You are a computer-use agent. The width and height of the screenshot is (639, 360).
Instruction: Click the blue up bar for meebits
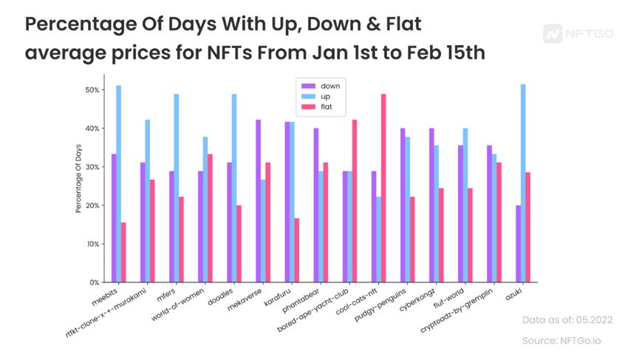tap(119, 184)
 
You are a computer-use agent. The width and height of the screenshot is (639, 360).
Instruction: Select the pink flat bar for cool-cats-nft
tap(383, 188)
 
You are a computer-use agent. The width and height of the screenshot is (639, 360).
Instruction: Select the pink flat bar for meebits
tap(124, 252)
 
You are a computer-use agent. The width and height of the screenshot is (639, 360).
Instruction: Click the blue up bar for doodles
tap(234, 188)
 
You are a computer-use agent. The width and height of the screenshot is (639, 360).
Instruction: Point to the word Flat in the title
tap(394, 24)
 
